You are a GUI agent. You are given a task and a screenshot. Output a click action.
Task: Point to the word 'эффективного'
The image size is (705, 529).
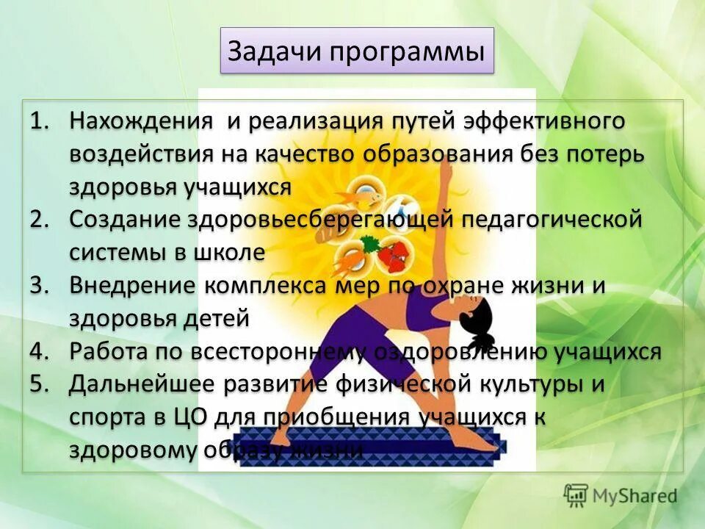pos(544,122)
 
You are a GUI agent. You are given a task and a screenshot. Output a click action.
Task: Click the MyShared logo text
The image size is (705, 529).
pos(634,496)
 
